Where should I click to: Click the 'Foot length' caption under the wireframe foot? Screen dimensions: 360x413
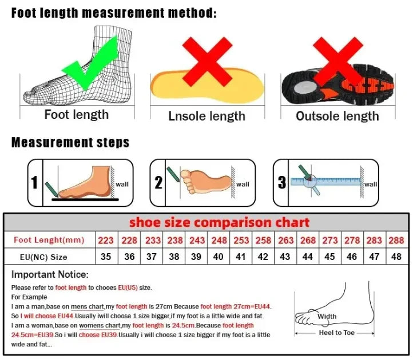76,115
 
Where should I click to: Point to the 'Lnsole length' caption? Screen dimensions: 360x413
206,116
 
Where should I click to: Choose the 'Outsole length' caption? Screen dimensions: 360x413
337,116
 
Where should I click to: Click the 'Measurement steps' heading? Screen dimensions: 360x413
70,142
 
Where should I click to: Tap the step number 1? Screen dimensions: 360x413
34,183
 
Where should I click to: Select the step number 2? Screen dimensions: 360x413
158,183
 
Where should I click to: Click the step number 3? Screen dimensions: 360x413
281,183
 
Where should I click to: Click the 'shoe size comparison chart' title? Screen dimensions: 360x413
219,222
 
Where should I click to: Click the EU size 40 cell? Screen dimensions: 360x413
218,257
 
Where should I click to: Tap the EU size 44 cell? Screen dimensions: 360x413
308,257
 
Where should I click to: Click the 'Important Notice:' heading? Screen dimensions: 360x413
50,275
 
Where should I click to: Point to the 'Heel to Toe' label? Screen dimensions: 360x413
337,333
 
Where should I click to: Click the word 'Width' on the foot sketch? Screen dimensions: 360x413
327,317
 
